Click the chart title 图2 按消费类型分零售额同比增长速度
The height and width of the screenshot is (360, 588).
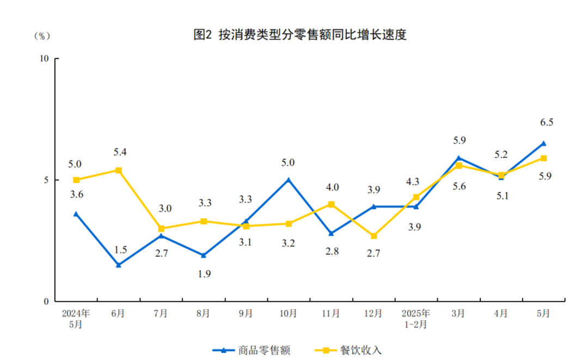tap(301, 35)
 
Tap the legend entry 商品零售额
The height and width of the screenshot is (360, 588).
tap(252, 350)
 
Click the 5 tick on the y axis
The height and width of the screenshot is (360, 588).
tap(47, 180)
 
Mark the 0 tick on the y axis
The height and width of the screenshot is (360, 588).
tap(47, 301)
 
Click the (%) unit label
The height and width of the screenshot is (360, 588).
tap(42, 36)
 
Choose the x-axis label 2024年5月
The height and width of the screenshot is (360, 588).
tap(76, 319)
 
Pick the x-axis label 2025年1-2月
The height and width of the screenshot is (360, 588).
tap(416, 319)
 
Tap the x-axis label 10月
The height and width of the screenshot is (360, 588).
tap(289, 314)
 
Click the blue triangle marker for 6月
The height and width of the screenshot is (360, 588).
tap(119, 265)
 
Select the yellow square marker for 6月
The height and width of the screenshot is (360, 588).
tap(119, 170)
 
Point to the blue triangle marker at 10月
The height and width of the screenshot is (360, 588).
tap(289, 179)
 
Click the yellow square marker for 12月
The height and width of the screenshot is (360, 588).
tap(373, 236)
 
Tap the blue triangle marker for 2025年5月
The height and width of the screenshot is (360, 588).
tap(543, 143)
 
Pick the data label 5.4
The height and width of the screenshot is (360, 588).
tap(120, 152)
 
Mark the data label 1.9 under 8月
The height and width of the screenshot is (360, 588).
tap(205, 274)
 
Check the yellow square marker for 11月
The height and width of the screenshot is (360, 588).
tap(331, 204)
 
